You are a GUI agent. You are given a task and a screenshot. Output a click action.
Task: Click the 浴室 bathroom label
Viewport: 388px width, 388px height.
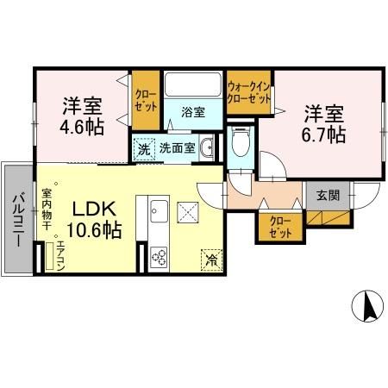tap(192, 112)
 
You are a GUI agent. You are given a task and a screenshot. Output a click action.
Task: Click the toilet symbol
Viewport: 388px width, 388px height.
tap(241, 141)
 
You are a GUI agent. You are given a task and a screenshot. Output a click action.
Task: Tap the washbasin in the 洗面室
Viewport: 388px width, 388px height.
tap(207, 148)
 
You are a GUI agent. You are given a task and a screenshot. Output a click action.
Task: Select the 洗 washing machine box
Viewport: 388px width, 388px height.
tap(144, 148)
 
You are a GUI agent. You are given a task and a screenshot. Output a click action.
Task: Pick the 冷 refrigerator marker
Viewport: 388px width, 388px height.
tap(210, 258)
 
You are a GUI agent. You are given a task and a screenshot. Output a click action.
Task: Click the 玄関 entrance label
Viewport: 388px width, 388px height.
tap(327, 195)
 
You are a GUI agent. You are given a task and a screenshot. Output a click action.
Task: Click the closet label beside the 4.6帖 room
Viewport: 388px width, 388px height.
tap(144, 102)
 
